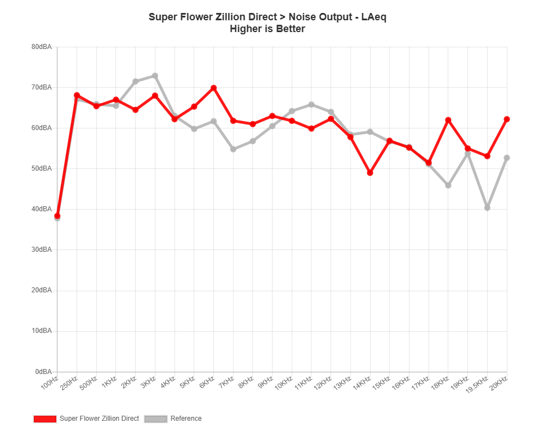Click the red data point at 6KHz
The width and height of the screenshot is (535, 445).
(x=213, y=88)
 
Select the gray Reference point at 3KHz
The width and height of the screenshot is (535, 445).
(x=155, y=75)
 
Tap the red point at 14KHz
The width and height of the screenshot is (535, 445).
(x=370, y=173)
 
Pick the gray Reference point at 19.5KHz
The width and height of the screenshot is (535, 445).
(x=487, y=208)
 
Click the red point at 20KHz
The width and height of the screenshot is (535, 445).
(x=507, y=119)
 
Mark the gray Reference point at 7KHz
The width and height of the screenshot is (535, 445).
(x=233, y=149)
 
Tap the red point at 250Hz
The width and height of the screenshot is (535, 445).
(x=77, y=96)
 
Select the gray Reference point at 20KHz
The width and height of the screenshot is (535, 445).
(x=507, y=158)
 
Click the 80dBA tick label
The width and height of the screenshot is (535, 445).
(x=42, y=47)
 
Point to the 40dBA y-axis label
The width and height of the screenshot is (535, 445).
(x=42, y=209)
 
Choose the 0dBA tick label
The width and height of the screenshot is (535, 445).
(x=43, y=371)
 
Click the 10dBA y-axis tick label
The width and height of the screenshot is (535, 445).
(x=42, y=331)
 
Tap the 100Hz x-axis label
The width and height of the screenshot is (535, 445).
(x=50, y=383)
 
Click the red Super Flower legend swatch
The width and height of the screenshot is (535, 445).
(x=45, y=419)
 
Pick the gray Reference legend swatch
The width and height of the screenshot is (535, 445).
(x=156, y=419)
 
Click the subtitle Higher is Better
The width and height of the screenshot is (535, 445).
(x=267, y=29)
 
